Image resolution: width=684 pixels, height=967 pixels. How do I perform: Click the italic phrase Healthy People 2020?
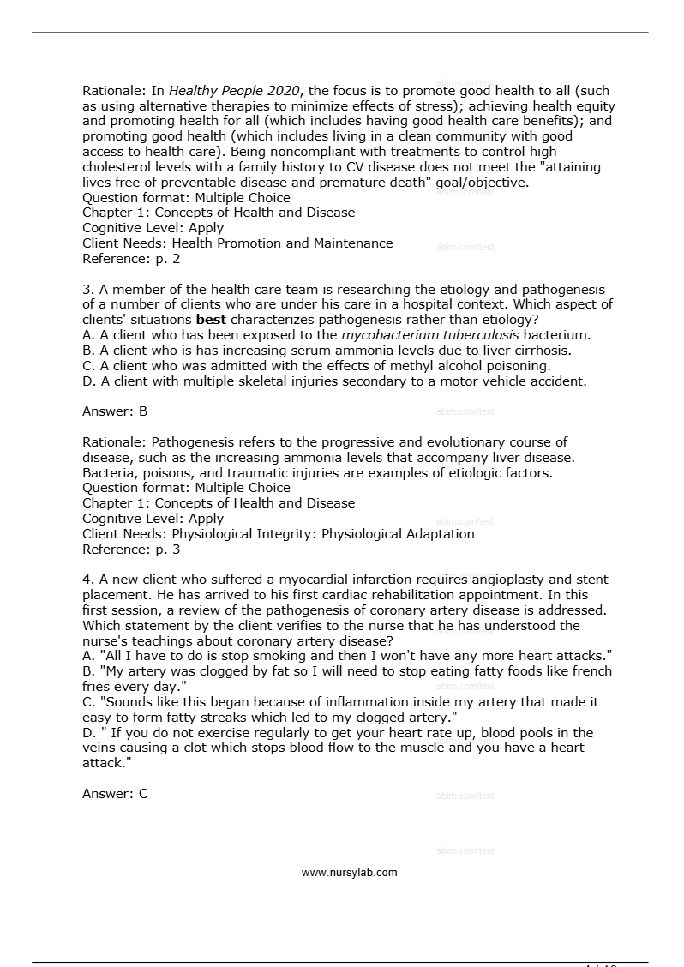click(x=234, y=91)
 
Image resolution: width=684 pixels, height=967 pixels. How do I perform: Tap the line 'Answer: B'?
click(x=115, y=411)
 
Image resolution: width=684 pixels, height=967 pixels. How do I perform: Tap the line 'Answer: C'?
click(x=115, y=794)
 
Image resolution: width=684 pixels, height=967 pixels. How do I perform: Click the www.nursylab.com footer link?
click(x=349, y=873)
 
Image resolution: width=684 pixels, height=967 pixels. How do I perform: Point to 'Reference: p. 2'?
click(x=131, y=259)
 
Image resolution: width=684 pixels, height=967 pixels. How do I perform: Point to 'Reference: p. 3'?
click(x=131, y=550)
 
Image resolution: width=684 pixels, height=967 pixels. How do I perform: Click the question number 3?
click(x=87, y=290)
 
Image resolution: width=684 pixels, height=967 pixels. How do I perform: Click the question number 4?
click(x=87, y=580)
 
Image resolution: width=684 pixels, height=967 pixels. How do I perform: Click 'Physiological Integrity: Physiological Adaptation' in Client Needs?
click(x=323, y=534)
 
